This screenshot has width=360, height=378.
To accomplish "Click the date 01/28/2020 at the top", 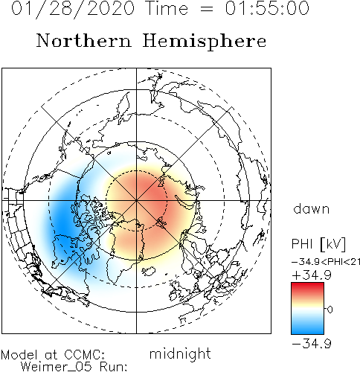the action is click(x=73, y=9).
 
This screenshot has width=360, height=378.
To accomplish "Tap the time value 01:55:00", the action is click(x=267, y=8).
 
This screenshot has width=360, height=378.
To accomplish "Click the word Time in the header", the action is click(x=167, y=8).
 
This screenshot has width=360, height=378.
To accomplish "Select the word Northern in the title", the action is click(x=83, y=40).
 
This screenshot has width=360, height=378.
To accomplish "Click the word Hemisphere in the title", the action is click(x=205, y=42).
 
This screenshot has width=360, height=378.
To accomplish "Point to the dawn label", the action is click(x=312, y=209).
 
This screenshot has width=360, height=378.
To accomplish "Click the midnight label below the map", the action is click(x=180, y=354).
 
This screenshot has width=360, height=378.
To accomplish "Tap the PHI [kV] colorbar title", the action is click(x=318, y=244).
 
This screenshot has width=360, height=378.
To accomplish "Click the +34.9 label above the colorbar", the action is click(x=312, y=275).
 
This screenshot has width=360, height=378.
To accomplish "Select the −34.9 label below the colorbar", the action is click(x=312, y=344).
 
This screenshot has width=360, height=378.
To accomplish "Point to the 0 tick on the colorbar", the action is click(x=330, y=310).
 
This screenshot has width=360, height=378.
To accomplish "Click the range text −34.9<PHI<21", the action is click(x=326, y=262).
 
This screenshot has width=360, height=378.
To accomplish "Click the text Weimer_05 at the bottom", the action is click(x=56, y=367).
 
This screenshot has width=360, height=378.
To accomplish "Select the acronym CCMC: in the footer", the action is click(x=84, y=354).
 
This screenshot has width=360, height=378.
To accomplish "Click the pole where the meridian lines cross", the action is click(x=136, y=200).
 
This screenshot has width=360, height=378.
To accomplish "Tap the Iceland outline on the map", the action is click(x=149, y=271).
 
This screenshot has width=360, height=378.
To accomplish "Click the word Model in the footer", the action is click(x=19, y=354).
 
